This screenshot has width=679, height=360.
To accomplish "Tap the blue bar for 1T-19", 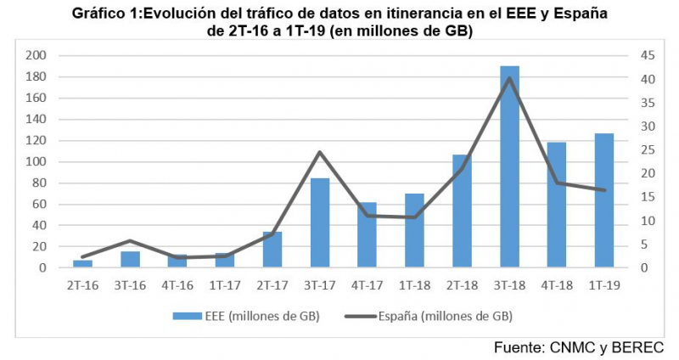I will (604, 200).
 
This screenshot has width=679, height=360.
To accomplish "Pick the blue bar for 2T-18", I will (462, 211).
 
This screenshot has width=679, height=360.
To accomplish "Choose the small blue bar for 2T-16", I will (83, 264).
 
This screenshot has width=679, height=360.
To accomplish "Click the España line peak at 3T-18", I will (509, 78).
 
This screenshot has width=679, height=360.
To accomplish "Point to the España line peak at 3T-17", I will (320, 152).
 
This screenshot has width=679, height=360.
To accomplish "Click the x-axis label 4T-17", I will (367, 285).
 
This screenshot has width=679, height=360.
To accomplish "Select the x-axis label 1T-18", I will (414, 285).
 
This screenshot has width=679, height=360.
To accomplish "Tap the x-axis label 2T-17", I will (272, 285).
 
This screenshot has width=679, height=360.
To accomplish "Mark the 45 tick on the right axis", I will (625, 56).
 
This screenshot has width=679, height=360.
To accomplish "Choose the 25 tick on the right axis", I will (625, 150).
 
